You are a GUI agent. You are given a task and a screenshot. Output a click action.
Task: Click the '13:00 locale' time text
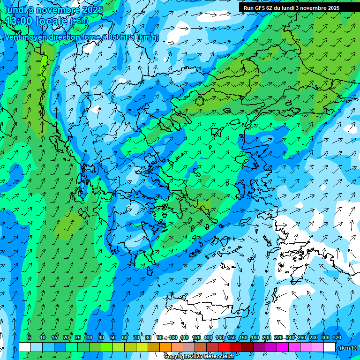[x=37, y=21]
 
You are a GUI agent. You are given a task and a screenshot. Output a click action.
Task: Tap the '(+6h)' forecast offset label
[x=79, y=21]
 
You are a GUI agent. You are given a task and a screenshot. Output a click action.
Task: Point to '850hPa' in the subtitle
[x=121, y=37]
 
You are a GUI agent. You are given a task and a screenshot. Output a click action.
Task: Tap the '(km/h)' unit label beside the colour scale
[x=347, y=348]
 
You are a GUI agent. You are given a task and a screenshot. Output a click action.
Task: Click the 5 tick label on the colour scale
[x=29, y=337]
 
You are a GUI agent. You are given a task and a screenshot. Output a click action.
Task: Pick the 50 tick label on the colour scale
[x=113, y=337]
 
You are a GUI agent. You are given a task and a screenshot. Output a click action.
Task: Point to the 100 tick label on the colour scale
[x=173, y=337]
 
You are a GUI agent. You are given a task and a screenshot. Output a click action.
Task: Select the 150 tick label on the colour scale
[x=232, y=337]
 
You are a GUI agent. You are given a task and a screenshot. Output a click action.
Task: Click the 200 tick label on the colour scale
[x=267, y=337]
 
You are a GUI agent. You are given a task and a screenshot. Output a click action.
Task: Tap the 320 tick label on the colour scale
[x=337, y=337]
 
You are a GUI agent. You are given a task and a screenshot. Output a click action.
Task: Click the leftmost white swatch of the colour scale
[x=25, y=347]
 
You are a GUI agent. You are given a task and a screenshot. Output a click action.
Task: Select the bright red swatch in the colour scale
[x=224, y=347]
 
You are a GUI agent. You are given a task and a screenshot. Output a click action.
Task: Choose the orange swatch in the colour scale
[x=165, y=347]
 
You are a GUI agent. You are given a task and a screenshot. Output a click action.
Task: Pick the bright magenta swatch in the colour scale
[x=283, y=347]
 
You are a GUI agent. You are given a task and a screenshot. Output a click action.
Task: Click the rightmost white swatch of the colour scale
[x=330, y=347]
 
